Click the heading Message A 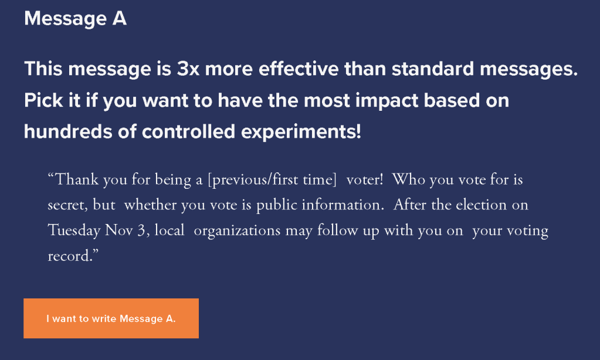click(x=76, y=18)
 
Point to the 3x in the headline click(x=188, y=69)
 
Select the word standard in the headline click(x=433, y=69)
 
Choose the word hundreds click(x=68, y=131)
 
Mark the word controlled click(x=188, y=131)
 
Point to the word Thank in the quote click(x=77, y=179)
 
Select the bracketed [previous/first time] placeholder click(x=272, y=179)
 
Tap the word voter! click(x=365, y=179)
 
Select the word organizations click(x=238, y=230)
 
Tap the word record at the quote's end click(x=70, y=256)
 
